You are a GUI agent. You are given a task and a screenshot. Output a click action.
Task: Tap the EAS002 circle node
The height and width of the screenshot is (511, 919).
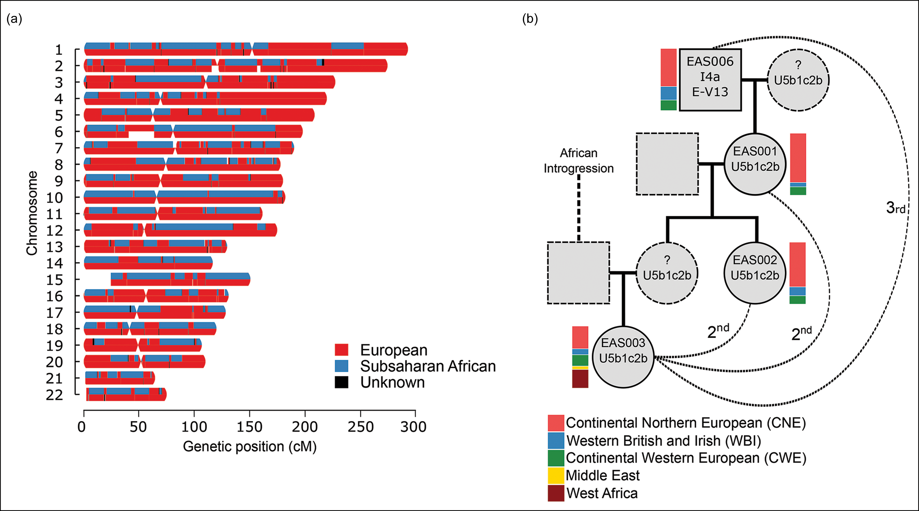[x=755, y=273]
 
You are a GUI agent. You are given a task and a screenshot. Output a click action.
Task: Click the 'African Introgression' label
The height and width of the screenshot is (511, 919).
[x=578, y=161]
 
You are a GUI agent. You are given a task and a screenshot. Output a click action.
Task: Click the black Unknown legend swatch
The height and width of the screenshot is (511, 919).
[x=341, y=382]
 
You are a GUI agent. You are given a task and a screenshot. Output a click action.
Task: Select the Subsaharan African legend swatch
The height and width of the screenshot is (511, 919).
[x=341, y=366]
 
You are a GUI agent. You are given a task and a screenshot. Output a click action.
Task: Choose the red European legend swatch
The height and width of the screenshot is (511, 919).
[x=341, y=350]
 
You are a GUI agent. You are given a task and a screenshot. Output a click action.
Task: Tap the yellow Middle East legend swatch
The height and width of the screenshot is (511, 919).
[x=556, y=475]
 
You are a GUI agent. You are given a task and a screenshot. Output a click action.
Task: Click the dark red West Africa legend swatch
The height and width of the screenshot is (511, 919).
[x=556, y=493]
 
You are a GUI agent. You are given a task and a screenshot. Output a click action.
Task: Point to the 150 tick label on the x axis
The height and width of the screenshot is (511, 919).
[x=249, y=427]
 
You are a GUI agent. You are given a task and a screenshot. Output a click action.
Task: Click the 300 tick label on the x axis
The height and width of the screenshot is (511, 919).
[x=414, y=427]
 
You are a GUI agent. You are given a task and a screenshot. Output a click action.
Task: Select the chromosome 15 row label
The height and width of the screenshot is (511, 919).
[x=54, y=280]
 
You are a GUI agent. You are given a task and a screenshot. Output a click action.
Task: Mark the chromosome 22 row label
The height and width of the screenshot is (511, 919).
[x=54, y=395]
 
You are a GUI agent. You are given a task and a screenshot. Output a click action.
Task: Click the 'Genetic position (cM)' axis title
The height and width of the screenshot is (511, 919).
[x=250, y=446]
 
